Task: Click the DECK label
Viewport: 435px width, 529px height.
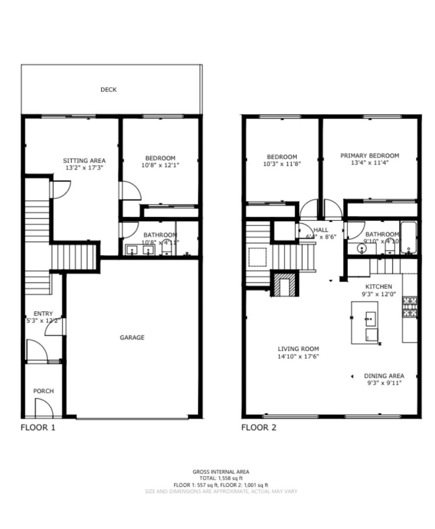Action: point(108,90)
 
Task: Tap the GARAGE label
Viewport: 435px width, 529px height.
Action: point(132,337)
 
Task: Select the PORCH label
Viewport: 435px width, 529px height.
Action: point(44,391)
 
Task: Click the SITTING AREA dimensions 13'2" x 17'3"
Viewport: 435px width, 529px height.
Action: point(84,168)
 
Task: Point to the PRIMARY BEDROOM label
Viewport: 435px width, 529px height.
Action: point(369,156)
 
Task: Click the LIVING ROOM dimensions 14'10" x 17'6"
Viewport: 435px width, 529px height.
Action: point(298,356)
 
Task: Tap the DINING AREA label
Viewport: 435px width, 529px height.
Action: point(383,376)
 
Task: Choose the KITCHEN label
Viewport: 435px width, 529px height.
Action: point(379,287)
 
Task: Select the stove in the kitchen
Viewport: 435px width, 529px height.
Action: point(410,308)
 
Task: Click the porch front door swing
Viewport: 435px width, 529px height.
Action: point(44,407)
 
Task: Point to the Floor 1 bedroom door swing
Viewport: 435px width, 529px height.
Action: point(130,190)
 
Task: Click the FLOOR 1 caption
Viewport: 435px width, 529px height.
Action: point(38,427)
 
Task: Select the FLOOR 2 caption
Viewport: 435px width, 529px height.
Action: point(259,427)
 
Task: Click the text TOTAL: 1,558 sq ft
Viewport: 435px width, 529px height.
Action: point(221,478)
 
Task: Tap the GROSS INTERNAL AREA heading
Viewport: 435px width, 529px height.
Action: point(221,472)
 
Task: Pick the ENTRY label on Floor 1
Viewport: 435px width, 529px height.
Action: point(43,313)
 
